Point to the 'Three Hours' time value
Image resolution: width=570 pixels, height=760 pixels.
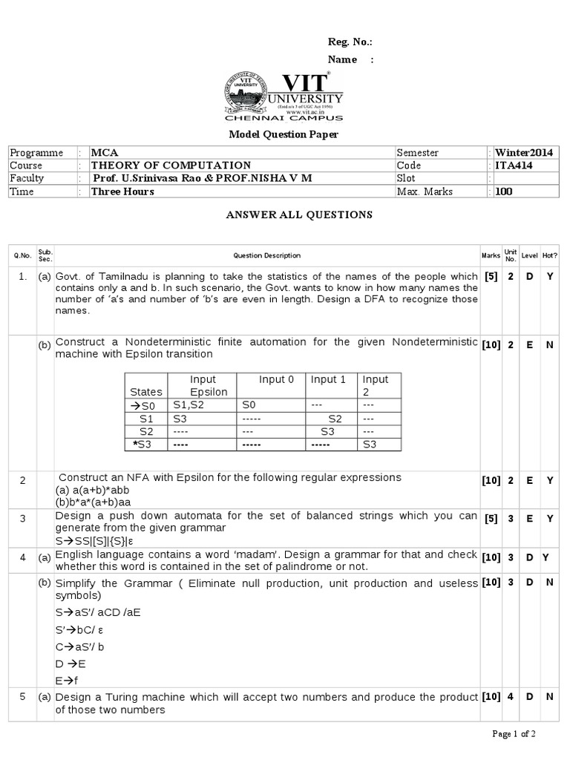[x=122, y=191]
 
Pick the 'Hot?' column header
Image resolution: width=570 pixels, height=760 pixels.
[x=550, y=255]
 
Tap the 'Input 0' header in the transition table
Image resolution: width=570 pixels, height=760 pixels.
[x=276, y=379]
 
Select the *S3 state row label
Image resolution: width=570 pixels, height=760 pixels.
[x=145, y=444]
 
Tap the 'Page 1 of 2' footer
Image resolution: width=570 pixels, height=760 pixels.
[x=514, y=734]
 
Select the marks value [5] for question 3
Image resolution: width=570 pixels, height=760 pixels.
[x=491, y=520]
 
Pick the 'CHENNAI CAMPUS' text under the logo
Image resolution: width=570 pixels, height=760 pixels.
[x=284, y=119]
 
